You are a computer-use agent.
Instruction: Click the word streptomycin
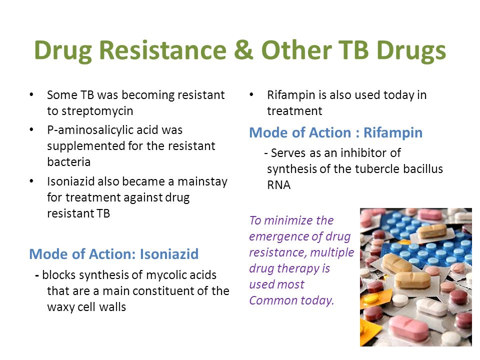coord(97,111)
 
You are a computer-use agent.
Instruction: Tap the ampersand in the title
coord(243,50)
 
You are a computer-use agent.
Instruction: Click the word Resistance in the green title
coord(163,50)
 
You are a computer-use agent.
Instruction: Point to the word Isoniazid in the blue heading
coord(169,254)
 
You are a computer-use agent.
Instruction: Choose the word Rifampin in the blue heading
coord(393,133)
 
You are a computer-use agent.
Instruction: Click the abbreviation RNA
coord(278,185)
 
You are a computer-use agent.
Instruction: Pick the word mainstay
coord(202,182)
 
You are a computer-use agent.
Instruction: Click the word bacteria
coord(69,162)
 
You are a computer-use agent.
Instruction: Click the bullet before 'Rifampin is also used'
coord(251,94)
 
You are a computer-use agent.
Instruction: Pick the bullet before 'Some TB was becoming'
coord(31,94)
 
